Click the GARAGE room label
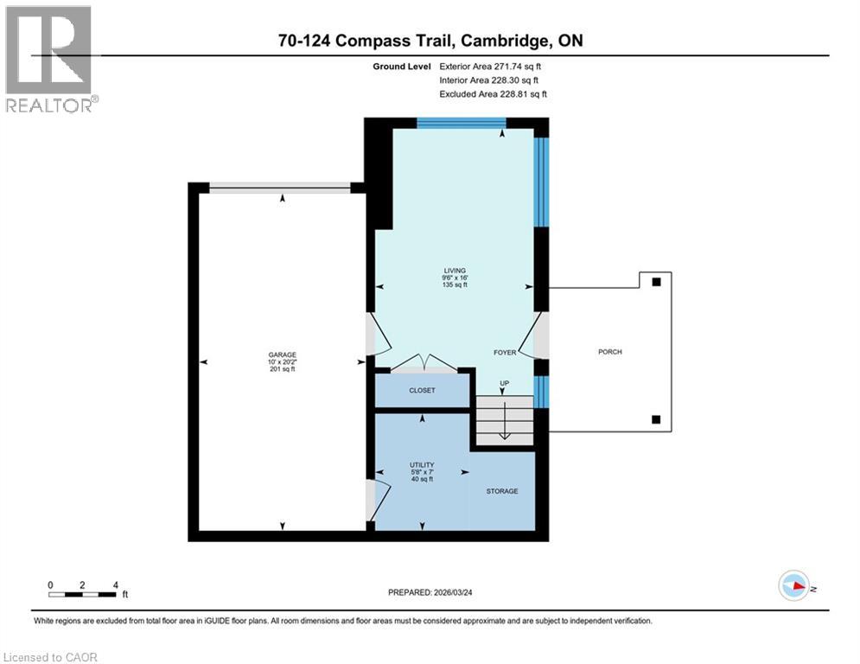click(x=282, y=354)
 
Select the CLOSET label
click(x=422, y=391)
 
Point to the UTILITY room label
click(x=422, y=464)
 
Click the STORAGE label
click(x=501, y=491)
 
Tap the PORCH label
click(x=609, y=352)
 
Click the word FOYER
click(x=505, y=353)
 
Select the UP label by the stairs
click(x=505, y=382)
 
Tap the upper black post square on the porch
click(x=656, y=282)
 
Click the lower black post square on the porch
click(x=656, y=420)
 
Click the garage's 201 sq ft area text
click(x=282, y=369)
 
